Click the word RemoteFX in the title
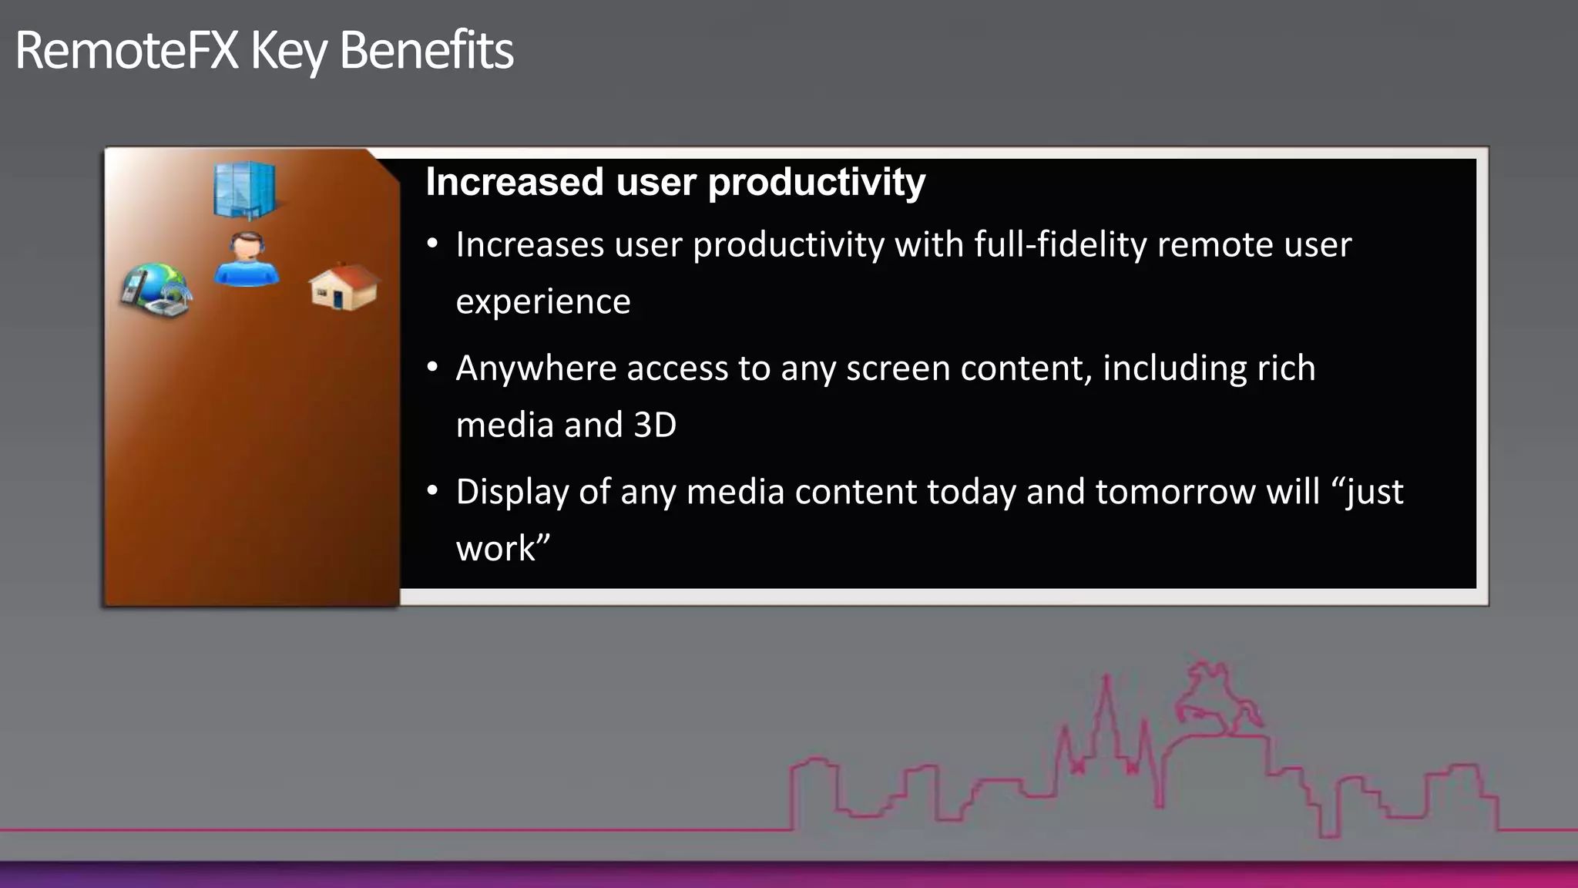point(126,51)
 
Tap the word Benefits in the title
point(425,51)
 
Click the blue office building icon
point(244,190)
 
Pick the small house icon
point(344,287)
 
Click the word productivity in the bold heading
point(816,183)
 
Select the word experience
point(542,301)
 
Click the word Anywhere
point(536,368)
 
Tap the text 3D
point(654,425)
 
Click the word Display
point(512,493)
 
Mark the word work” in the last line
point(502,548)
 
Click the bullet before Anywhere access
point(433,367)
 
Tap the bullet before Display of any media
point(433,490)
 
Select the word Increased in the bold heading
point(514,183)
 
